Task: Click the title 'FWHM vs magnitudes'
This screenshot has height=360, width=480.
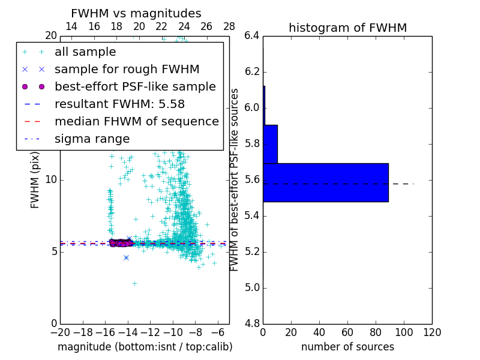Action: point(136,14)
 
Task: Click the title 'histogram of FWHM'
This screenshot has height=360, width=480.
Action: point(347,28)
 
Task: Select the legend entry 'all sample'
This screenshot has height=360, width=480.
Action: point(85,52)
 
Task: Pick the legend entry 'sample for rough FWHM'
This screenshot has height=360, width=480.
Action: point(127,70)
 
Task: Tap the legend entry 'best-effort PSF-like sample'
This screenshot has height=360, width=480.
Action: point(135,87)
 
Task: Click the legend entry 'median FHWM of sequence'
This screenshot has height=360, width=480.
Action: point(136,121)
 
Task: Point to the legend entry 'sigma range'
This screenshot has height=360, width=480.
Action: point(92,139)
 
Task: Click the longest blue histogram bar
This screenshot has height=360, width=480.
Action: point(326,182)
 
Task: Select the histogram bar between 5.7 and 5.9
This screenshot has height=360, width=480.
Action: point(270,144)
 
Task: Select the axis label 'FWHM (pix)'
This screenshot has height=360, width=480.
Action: point(35,180)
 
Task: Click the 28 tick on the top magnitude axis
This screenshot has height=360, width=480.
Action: point(229,26)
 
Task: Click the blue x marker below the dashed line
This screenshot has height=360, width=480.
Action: point(126,257)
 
